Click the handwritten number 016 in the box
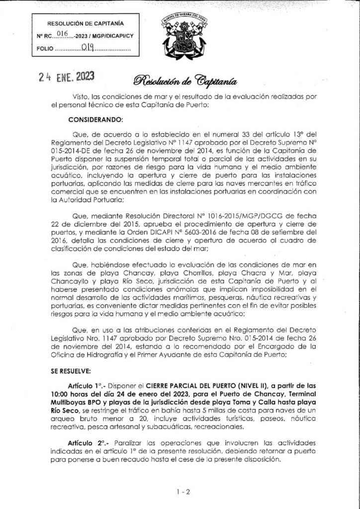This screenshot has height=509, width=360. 62,34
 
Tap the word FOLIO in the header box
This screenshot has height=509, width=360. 45,50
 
